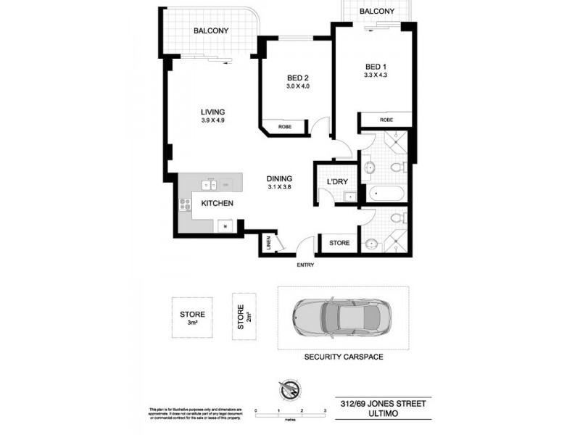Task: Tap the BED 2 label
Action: (x=298, y=78)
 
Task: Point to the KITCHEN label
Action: (x=217, y=204)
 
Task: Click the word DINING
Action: (x=279, y=178)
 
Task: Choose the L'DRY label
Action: (x=339, y=181)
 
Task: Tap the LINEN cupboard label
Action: (x=268, y=244)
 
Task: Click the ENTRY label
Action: (x=306, y=265)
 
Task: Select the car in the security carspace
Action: (x=343, y=317)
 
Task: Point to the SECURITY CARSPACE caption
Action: (x=344, y=357)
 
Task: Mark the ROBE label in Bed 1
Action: (x=386, y=120)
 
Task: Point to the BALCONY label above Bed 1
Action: (x=377, y=12)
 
